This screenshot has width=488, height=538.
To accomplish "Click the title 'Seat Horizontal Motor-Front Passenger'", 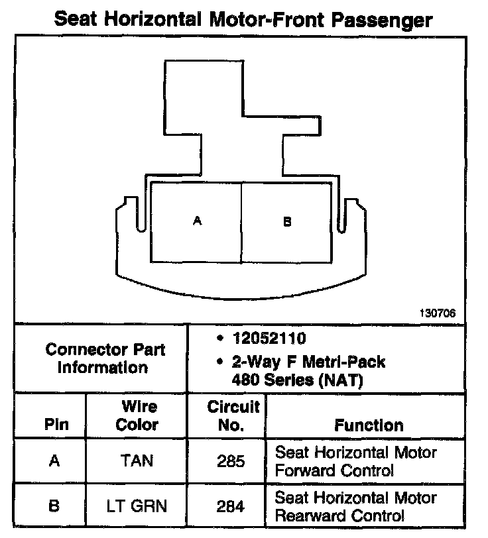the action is (x=243, y=18).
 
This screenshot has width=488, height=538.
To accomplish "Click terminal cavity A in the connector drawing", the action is (x=196, y=221).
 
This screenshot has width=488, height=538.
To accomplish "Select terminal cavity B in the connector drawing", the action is (x=286, y=221).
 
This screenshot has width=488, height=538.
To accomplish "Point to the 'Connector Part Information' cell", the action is (x=105, y=358).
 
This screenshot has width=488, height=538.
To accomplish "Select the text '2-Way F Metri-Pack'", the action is (x=308, y=362).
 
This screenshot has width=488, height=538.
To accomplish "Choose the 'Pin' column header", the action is (x=56, y=425).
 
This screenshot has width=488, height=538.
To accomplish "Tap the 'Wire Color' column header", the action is (x=137, y=416).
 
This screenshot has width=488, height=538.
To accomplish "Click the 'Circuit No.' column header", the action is (x=229, y=416).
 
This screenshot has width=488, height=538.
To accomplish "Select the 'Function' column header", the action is (x=369, y=425).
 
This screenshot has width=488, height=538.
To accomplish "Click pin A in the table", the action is (x=55, y=460).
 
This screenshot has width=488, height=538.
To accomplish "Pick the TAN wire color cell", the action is (x=137, y=460).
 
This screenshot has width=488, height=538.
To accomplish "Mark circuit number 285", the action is (x=230, y=461).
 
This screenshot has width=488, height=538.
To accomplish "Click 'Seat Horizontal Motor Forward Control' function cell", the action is (x=355, y=461).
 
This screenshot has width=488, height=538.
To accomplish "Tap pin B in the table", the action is (x=55, y=506).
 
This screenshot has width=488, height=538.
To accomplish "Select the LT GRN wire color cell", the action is (x=137, y=506).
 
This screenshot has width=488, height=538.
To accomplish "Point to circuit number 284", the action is (x=230, y=507).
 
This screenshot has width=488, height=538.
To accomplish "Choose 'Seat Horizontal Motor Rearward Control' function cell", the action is (x=355, y=506).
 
